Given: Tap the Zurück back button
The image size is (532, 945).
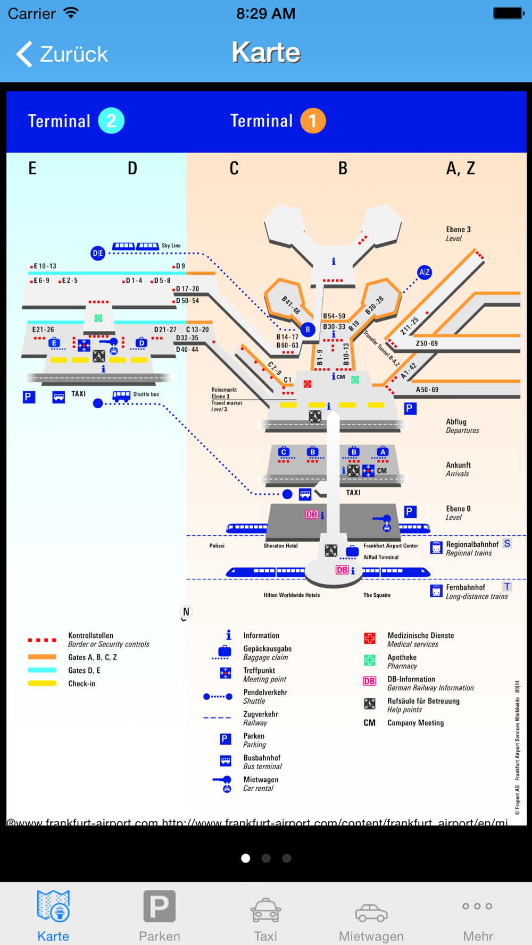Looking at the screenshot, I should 62,54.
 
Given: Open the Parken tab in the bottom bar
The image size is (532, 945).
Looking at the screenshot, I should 159,915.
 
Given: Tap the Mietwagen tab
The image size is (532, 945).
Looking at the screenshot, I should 371,915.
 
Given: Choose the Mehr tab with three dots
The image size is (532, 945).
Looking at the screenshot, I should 477,915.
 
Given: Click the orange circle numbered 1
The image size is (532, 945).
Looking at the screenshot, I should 313,121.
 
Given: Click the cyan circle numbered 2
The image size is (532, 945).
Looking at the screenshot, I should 111,121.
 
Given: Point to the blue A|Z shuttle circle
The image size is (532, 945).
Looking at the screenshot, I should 424,273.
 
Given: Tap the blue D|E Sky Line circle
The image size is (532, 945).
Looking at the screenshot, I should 98,253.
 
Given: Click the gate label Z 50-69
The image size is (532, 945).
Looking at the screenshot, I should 427,343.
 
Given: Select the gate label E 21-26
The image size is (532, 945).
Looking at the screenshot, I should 43,330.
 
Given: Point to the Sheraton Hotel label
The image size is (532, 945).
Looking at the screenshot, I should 280,546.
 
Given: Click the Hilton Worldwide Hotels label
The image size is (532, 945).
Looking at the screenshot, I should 292,595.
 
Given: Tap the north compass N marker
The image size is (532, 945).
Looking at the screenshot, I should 186,612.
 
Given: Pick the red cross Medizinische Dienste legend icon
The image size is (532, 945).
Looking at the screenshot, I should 369,638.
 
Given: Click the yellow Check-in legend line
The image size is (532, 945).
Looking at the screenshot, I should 42,684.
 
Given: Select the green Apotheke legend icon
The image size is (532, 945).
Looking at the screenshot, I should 369,661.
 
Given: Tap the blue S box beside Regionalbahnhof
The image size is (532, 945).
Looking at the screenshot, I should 507,543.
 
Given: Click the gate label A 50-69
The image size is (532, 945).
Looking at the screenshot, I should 427,390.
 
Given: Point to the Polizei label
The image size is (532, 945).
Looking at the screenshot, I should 217,546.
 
